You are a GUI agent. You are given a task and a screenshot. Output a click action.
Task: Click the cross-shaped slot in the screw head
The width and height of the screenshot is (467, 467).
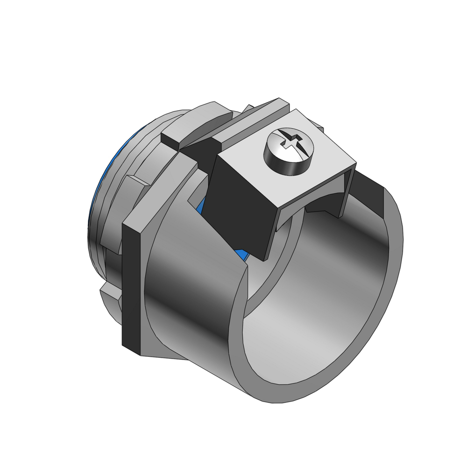click(290, 142)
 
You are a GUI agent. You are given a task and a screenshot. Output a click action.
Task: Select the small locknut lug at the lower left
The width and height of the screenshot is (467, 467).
click(108, 294)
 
